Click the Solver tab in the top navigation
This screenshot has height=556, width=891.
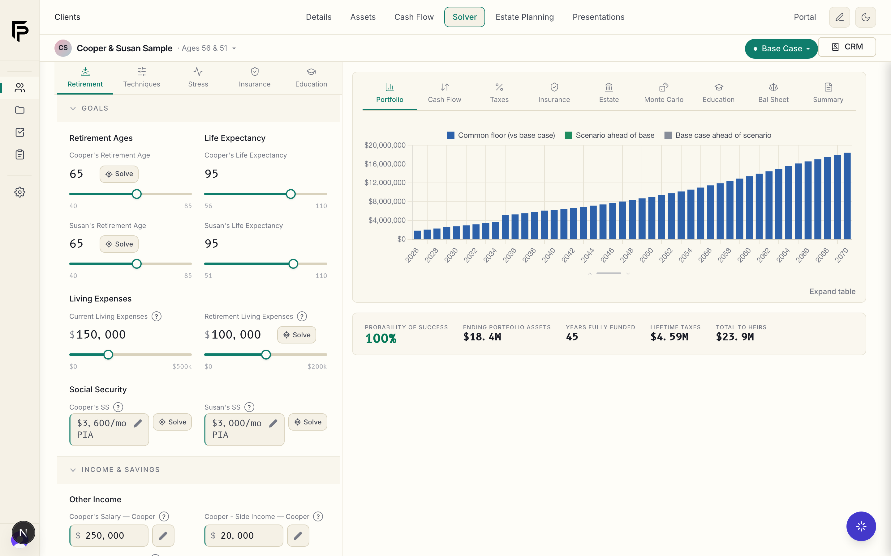click(x=464, y=17)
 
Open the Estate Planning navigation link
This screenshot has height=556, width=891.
click(x=524, y=17)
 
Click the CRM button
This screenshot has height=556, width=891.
click(x=847, y=47)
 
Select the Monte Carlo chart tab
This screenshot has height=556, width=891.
click(x=664, y=93)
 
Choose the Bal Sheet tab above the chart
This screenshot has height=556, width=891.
click(x=773, y=93)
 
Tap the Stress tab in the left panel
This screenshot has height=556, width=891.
click(x=198, y=78)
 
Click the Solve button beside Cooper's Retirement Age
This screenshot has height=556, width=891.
click(x=119, y=174)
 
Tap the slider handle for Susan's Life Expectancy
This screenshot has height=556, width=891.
click(x=293, y=264)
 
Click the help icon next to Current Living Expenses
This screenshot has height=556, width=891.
click(x=157, y=316)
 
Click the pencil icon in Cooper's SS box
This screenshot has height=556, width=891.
click(x=138, y=423)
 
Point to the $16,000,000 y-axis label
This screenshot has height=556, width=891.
click(x=385, y=164)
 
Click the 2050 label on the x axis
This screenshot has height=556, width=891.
click(x=646, y=255)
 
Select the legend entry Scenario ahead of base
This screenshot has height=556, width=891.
click(x=610, y=135)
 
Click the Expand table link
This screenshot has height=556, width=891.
click(x=832, y=292)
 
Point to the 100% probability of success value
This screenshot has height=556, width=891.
click(x=381, y=338)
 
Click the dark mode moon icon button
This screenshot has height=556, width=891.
click(x=865, y=17)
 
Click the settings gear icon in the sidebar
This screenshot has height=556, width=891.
click(x=20, y=192)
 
